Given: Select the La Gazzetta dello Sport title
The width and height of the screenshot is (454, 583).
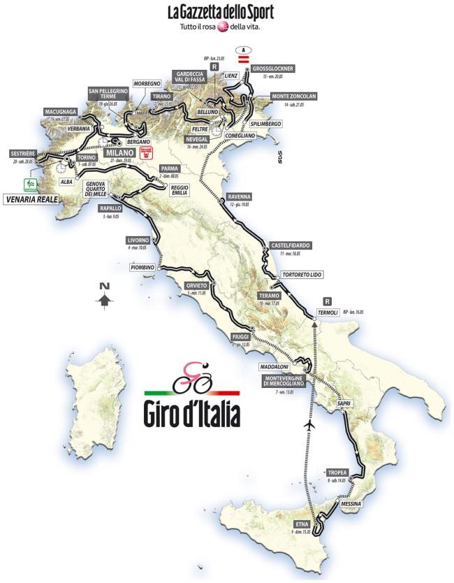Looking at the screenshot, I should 219,12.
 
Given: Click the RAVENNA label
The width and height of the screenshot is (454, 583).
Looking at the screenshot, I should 239,196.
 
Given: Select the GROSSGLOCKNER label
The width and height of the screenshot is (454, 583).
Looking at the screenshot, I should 275,69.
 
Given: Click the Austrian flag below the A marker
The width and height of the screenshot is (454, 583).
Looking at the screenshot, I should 244,61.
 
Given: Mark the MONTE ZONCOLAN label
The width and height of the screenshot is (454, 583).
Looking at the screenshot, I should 285,96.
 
